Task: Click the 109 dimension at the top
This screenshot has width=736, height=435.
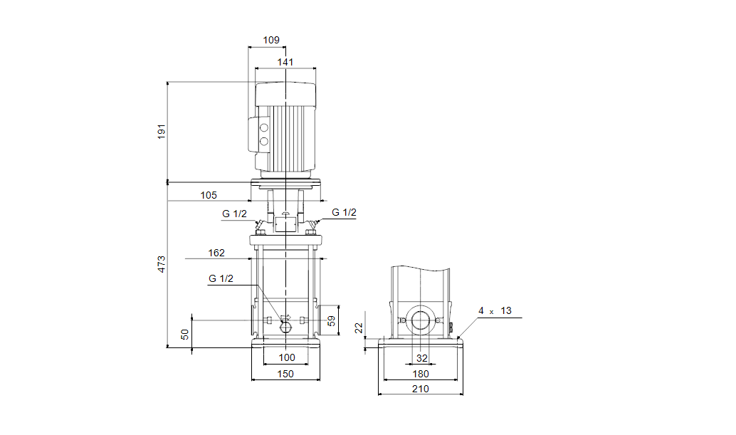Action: pos(270,40)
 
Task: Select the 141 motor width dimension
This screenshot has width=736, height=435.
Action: pos(285,62)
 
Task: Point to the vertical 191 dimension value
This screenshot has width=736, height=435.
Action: pos(162,132)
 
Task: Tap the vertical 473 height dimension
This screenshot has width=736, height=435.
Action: pos(162,264)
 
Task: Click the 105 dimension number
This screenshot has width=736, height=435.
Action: pos(209,195)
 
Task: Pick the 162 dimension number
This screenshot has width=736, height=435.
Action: pos(216,253)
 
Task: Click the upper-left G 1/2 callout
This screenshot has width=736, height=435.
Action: pos(234,214)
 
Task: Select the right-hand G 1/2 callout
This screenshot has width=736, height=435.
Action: pos(344,213)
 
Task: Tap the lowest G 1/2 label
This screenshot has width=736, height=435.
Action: pos(221,279)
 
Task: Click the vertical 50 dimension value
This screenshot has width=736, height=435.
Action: pos(185,335)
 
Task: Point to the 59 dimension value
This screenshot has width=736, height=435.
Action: pos(332,321)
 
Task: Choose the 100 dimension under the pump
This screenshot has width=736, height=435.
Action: pos(287,357)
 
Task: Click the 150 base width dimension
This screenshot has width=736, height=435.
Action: pos(285,374)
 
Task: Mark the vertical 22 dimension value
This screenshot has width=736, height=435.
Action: pos(359,328)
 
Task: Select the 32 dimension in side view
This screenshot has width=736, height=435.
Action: pos(422,358)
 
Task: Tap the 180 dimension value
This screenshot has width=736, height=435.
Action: pos(421,374)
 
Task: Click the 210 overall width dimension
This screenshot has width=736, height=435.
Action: pos(421,389)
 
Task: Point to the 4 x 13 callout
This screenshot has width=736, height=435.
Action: pos(495,310)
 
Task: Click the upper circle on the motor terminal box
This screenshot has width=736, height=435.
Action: pos(264,127)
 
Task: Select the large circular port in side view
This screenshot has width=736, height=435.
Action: pos(421,321)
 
